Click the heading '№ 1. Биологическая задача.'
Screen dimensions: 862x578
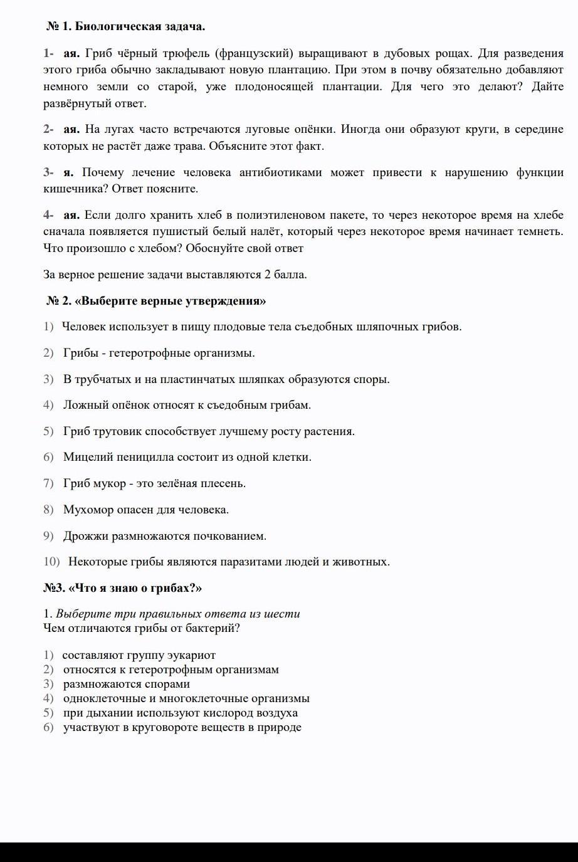point(125,27)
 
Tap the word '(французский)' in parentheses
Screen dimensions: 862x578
point(255,53)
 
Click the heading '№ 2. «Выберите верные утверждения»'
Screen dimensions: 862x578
point(156,301)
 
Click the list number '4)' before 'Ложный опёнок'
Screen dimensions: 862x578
point(49,405)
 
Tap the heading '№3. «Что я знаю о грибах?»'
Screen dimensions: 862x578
point(123,588)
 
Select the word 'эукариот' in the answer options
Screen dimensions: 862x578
point(191,655)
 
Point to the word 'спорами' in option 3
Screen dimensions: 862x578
point(167,684)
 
